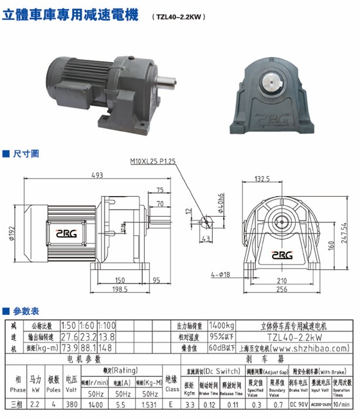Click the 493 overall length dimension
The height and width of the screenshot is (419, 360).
point(98,175)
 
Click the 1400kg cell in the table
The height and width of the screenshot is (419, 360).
point(221,325)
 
